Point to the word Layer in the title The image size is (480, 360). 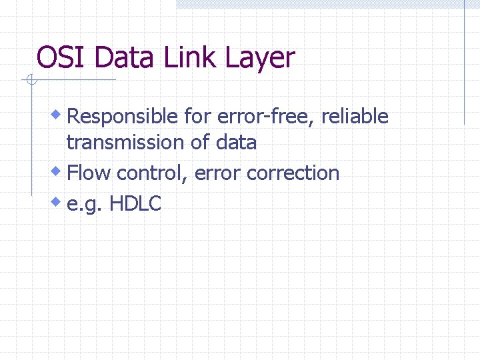(x=259, y=59)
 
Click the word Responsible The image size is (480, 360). (x=123, y=117)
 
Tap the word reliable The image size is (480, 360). (x=355, y=117)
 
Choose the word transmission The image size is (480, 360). (x=121, y=142)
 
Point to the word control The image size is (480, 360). (x=153, y=173)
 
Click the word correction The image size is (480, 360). (x=293, y=173)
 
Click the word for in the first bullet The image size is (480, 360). (x=197, y=117)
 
